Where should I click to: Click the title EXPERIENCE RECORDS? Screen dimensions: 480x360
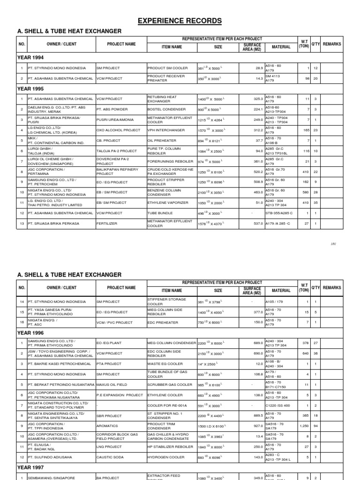pyautogui.click(x=180, y=21)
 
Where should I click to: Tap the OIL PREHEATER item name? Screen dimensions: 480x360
pyautogui.click(x=162, y=140)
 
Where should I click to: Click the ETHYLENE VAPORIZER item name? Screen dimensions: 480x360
pyautogui.click(x=168, y=202)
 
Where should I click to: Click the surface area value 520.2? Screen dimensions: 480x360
pyautogui.click(x=255, y=172)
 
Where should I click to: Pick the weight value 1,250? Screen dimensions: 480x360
pyautogui.click(x=304, y=426)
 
